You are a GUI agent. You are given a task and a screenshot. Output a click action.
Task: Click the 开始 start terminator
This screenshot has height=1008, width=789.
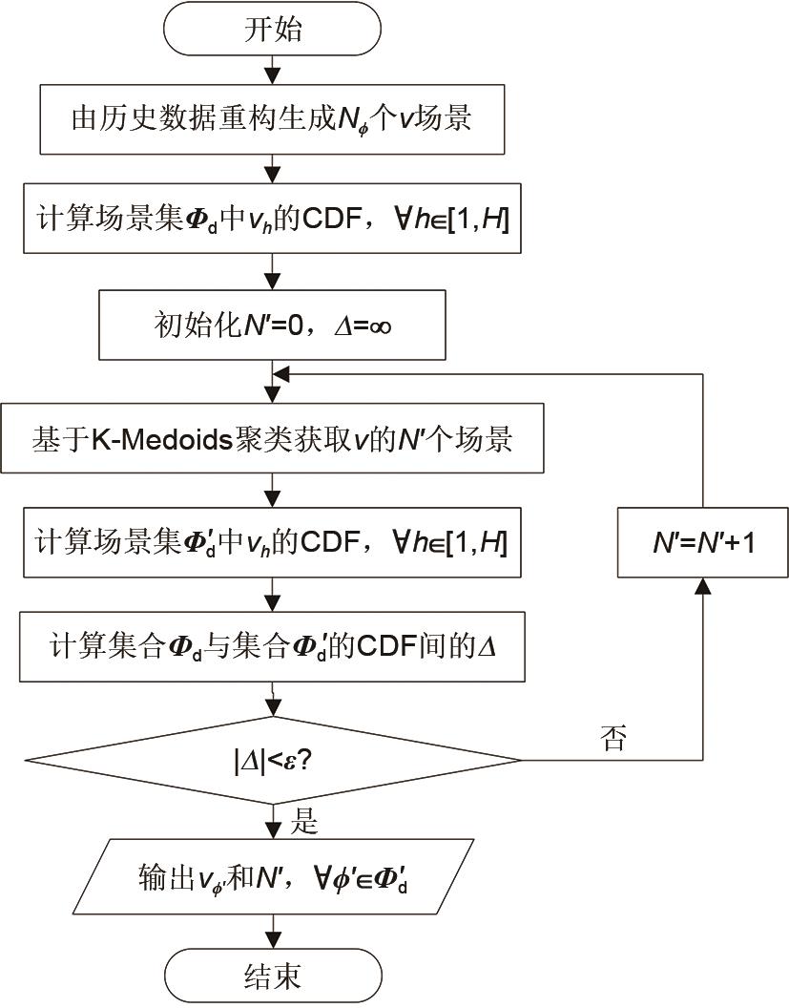click(x=274, y=30)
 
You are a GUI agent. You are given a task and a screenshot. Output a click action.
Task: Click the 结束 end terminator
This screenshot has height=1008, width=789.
click(x=274, y=976)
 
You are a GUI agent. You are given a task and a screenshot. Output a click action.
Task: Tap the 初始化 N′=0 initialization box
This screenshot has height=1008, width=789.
click(x=274, y=327)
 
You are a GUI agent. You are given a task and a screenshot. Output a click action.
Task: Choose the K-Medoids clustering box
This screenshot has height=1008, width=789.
click(x=274, y=439)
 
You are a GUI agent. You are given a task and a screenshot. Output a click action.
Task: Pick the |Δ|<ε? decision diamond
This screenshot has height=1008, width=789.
click(x=274, y=760)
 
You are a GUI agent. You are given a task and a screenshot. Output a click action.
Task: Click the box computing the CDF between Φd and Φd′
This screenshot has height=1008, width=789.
click(x=274, y=648)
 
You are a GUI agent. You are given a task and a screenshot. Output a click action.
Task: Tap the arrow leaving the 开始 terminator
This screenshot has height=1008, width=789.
click(x=274, y=73)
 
